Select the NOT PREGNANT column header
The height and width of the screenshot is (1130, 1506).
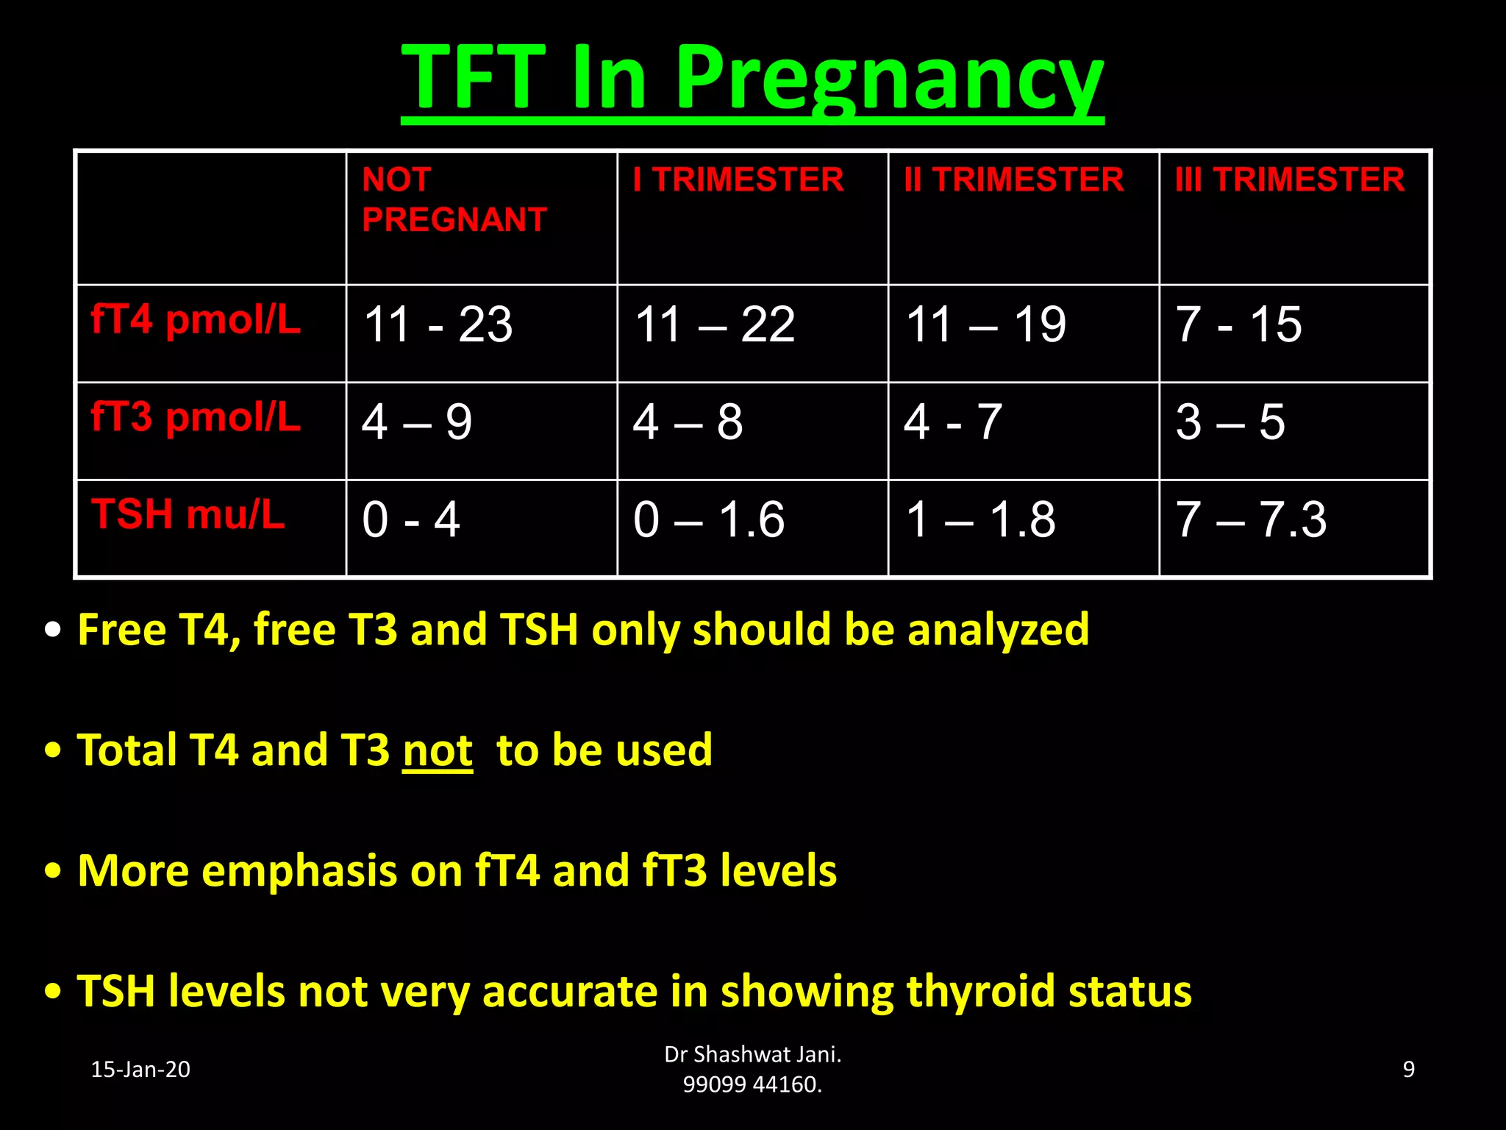(x=454, y=199)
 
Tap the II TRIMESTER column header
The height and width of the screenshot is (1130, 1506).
(x=1013, y=180)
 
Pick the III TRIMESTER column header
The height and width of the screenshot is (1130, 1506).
(x=1289, y=180)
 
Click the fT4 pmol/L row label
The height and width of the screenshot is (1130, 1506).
(x=196, y=320)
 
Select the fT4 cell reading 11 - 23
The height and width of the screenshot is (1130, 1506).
(x=438, y=324)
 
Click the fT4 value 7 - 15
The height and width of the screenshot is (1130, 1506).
(x=1238, y=324)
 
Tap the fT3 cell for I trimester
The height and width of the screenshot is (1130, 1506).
(x=688, y=422)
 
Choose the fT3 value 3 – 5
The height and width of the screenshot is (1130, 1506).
(x=1230, y=422)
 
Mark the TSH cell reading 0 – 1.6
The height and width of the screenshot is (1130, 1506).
(x=709, y=519)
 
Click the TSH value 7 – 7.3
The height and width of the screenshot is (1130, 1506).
(x=1251, y=519)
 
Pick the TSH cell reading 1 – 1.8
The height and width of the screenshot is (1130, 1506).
(x=980, y=519)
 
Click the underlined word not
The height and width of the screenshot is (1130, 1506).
(x=438, y=750)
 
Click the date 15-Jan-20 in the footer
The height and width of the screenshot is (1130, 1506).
(x=140, y=1069)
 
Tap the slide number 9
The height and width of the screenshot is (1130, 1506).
(x=1408, y=1069)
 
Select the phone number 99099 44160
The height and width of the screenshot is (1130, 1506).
(x=752, y=1084)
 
